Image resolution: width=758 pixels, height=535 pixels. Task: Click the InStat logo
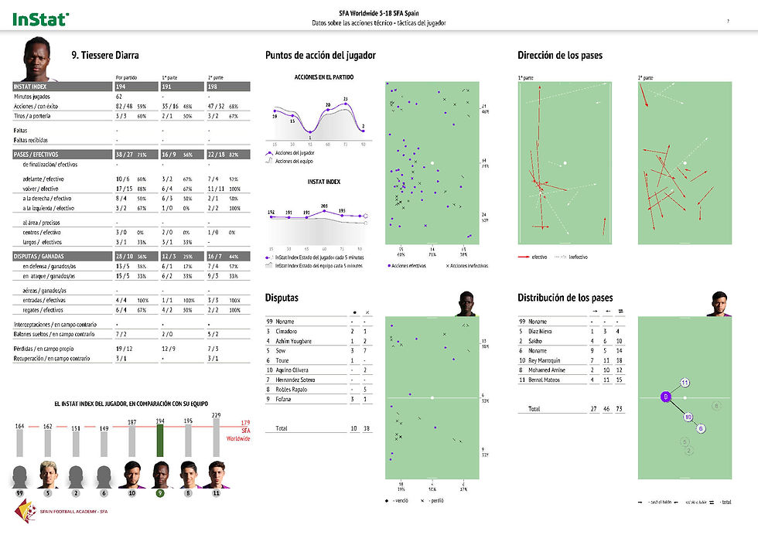(x=40, y=18)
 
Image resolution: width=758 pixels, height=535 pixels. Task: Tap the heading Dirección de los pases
(x=559, y=55)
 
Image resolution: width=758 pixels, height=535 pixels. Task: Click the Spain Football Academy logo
(x=29, y=511)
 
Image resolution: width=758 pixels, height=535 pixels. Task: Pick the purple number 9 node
(x=664, y=397)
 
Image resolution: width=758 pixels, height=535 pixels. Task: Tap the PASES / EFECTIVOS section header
(x=36, y=154)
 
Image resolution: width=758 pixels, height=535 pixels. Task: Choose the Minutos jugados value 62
(x=119, y=96)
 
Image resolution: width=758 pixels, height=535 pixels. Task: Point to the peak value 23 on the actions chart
(x=345, y=99)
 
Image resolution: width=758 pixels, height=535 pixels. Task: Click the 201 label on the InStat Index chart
(x=325, y=206)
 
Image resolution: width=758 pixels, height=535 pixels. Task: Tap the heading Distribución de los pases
(x=565, y=298)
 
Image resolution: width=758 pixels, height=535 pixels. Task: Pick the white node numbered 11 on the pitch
(x=685, y=383)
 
